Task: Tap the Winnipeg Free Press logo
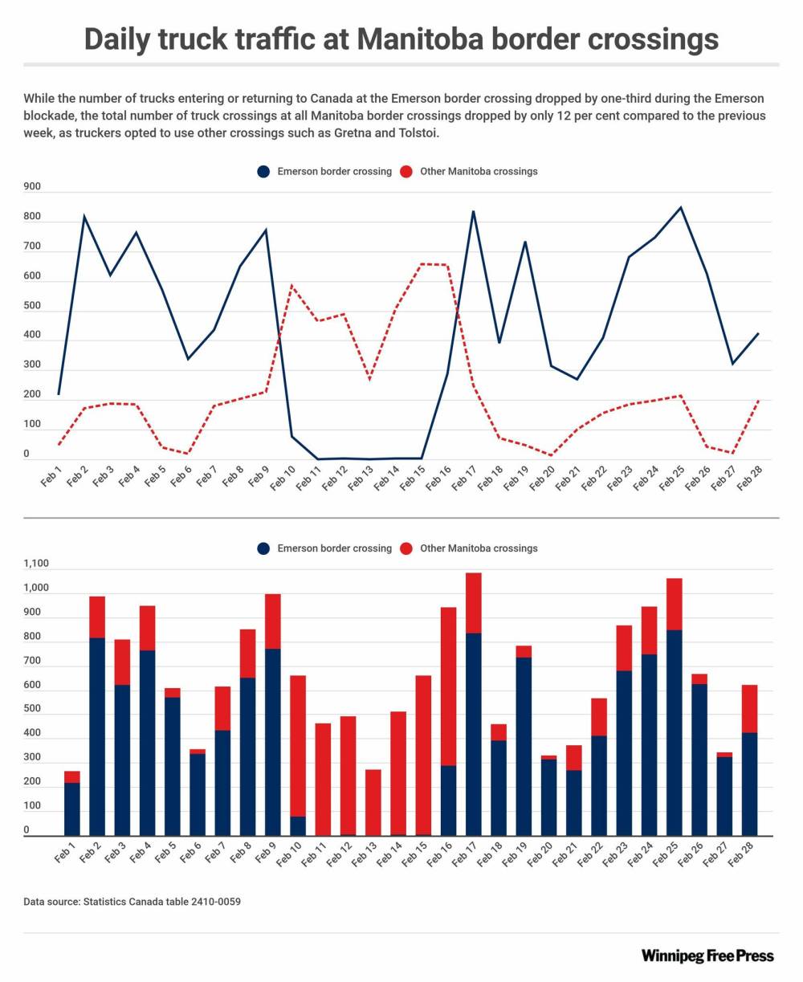tap(707, 956)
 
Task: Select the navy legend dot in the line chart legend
tap(263, 171)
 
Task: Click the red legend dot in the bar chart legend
tap(406, 548)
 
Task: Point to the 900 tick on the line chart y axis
tap(32, 186)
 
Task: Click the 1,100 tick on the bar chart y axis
tap(36, 564)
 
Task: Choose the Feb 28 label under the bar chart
tap(736, 858)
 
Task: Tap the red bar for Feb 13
tap(373, 803)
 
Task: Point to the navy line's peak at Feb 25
tap(681, 208)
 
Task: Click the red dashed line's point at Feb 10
tap(292, 285)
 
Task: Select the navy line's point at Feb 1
tap(59, 394)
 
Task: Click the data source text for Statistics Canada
tap(132, 902)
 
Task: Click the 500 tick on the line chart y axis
tap(32, 306)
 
